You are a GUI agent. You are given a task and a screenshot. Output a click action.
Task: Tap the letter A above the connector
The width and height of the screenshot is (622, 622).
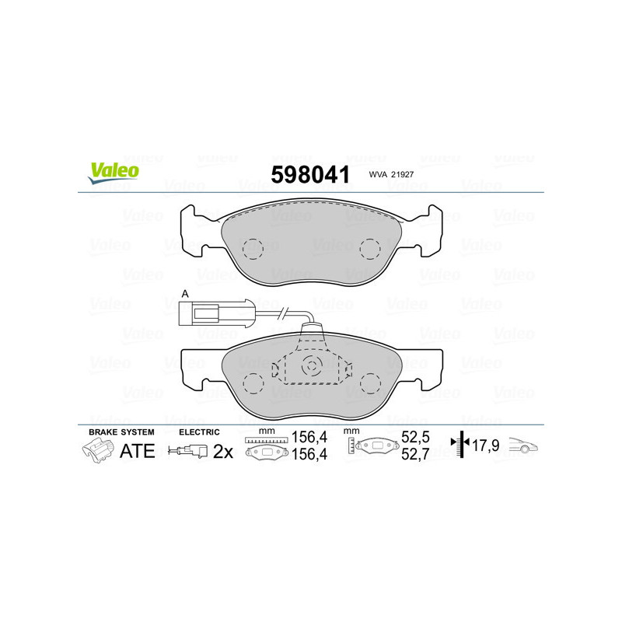point(184,292)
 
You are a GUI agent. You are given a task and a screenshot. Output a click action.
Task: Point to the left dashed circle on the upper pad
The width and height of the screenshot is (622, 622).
point(253,248)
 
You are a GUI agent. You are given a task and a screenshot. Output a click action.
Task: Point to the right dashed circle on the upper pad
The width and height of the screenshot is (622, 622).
point(370,248)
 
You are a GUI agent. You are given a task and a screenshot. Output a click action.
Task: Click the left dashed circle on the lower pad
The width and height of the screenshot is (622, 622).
point(253,382)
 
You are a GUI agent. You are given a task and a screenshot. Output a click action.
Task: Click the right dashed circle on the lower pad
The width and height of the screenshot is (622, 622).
point(370,382)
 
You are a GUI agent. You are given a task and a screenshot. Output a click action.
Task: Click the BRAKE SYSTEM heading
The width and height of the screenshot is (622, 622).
point(121,432)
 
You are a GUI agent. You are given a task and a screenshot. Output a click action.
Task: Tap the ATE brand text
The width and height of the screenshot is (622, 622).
point(137,450)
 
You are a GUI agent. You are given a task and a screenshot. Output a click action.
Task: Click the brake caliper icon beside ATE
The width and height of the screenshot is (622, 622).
point(97,450)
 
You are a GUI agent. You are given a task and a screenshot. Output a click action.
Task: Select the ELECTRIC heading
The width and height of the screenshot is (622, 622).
point(200,432)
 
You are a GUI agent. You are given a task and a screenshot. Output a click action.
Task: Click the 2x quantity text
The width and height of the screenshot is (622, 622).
point(224,450)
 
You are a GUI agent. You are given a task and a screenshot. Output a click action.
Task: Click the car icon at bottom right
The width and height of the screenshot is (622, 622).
point(523,447)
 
